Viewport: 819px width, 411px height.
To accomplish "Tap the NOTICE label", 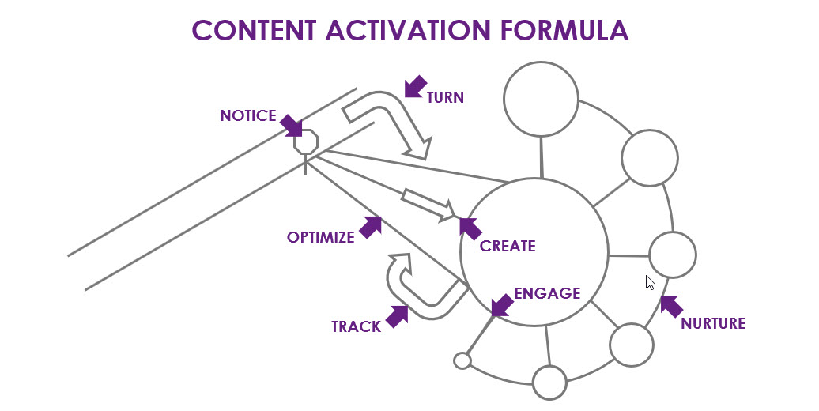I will pyautogui.click(x=248, y=116).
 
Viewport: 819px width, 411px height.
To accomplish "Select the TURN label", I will pyautogui.click(x=445, y=98).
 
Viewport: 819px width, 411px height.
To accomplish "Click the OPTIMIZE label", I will pyautogui.click(x=320, y=237).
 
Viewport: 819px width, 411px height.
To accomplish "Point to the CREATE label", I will pyautogui.click(x=508, y=246).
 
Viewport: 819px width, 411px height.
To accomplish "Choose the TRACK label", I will pyautogui.click(x=356, y=326).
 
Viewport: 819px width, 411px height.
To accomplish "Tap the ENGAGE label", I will pyautogui.click(x=547, y=294).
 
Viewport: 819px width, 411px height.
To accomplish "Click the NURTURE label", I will pyautogui.click(x=713, y=323).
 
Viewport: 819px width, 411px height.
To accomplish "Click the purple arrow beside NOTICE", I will pyautogui.click(x=291, y=126).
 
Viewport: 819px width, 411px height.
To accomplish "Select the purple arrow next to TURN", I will pyautogui.click(x=415, y=87).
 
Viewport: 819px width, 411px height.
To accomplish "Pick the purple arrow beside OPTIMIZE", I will pyautogui.click(x=371, y=227).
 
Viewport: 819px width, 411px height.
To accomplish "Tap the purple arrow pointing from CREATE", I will pyautogui.click(x=470, y=228).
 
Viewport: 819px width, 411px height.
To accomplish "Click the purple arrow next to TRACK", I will pyautogui.click(x=397, y=316).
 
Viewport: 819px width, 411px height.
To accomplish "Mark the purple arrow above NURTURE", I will pyautogui.click(x=671, y=306).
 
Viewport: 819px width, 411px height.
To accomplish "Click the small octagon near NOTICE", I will pyautogui.click(x=305, y=142).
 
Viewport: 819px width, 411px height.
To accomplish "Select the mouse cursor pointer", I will pyautogui.click(x=651, y=283).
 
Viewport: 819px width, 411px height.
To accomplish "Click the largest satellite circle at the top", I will pyautogui.click(x=542, y=99).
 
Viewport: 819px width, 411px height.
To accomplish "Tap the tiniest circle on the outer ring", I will pyautogui.click(x=462, y=361).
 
